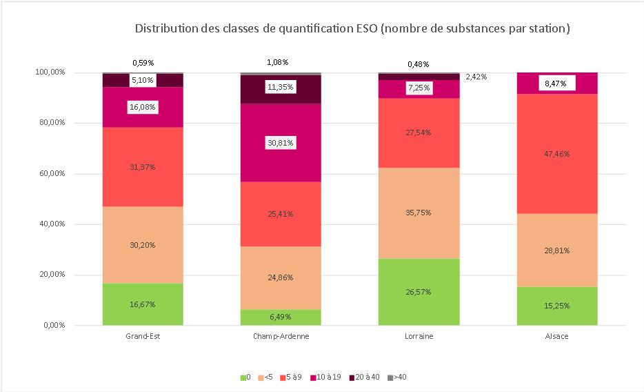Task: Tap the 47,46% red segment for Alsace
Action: pyautogui.click(x=557, y=153)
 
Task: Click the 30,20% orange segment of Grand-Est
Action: pyautogui.click(x=143, y=245)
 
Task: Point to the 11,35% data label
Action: pyautogui.click(x=281, y=88)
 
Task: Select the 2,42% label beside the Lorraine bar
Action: pyautogui.click(x=476, y=77)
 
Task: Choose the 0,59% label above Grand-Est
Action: pyautogui.click(x=143, y=63)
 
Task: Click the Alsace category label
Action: pyautogui.click(x=557, y=337)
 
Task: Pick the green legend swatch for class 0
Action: pyautogui.click(x=243, y=377)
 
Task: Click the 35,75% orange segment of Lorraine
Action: pyautogui.click(x=419, y=213)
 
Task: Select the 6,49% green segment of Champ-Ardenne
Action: pyautogui.click(x=281, y=317)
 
